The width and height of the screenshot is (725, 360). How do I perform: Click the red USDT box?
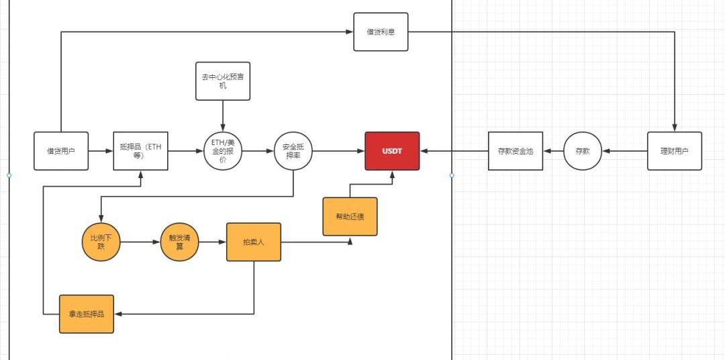point(392,151)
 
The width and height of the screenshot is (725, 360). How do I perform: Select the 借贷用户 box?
point(61,151)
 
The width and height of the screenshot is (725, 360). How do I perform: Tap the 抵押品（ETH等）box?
point(140,151)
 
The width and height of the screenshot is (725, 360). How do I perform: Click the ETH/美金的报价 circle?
point(223,151)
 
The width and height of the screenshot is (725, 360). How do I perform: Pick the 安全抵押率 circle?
point(293,151)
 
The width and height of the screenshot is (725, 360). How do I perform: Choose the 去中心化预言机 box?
point(223,81)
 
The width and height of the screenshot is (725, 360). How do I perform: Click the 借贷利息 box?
point(381,32)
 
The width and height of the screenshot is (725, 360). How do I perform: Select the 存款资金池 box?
point(515,151)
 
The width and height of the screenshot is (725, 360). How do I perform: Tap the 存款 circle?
point(582,151)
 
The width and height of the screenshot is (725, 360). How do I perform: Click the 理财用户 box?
point(675,151)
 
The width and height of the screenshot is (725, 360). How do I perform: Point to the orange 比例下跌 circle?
point(101,242)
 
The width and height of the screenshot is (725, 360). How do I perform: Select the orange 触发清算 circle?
point(180,242)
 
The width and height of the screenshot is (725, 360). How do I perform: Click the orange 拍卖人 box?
point(254,242)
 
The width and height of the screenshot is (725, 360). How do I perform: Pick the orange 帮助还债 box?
point(350,216)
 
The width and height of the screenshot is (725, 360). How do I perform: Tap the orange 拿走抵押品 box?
point(87,314)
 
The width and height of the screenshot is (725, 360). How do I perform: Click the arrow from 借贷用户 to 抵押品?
point(101,151)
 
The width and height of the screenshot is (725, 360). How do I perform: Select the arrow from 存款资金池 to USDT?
point(454,151)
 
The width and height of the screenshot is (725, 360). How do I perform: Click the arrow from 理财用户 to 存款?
point(624,151)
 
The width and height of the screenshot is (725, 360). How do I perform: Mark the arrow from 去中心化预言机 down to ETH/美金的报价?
point(223,116)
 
